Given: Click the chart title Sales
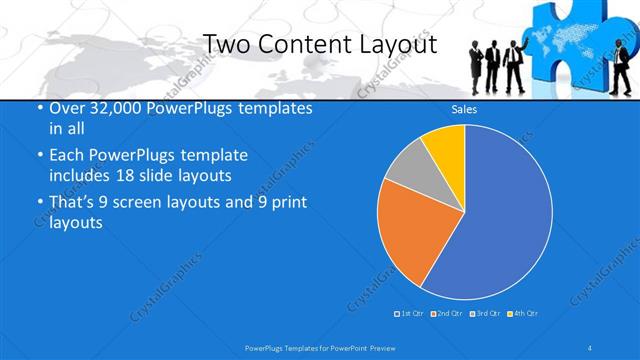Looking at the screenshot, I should click(x=464, y=108).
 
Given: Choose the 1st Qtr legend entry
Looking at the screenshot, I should click(x=409, y=314).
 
